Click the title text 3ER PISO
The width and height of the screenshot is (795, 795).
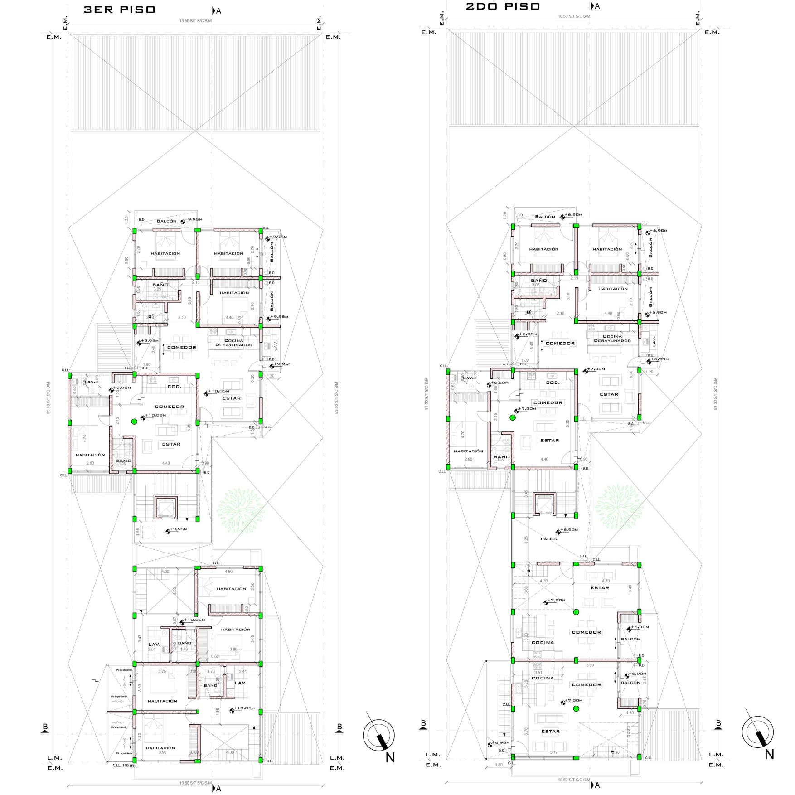(x=119, y=10)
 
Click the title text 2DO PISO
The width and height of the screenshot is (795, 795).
(x=503, y=6)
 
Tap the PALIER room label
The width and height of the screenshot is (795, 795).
(x=548, y=539)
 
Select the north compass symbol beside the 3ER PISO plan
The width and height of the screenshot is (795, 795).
(x=379, y=736)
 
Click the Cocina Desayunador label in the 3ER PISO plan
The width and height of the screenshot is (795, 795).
(x=233, y=343)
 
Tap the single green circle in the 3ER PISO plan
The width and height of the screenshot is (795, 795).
(x=134, y=422)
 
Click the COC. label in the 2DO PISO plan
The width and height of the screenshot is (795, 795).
(x=553, y=383)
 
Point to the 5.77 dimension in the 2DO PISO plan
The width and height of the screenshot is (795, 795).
(x=553, y=752)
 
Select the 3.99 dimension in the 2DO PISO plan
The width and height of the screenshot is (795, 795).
(x=590, y=665)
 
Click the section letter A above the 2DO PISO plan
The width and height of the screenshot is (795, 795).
(x=597, y=6)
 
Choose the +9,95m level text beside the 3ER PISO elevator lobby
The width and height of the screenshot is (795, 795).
(x=178, y=529)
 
